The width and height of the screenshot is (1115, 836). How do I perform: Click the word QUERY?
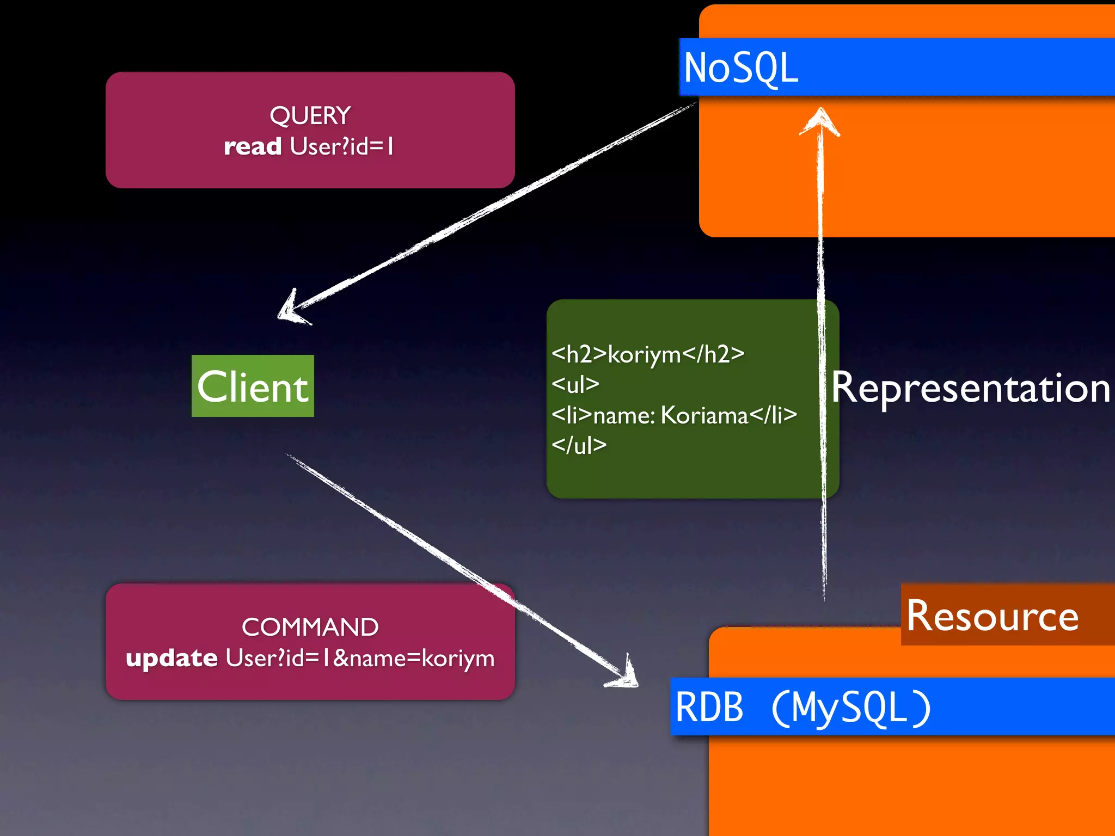click(310, 116)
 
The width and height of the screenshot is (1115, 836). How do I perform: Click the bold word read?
click(253, 146)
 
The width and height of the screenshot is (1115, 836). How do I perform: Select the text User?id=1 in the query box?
click(342, 146)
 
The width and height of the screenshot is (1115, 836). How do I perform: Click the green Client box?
click(253, 386)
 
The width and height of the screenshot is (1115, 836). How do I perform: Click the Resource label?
click(992, 616)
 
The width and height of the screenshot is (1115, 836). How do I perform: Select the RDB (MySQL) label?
click(803, 707)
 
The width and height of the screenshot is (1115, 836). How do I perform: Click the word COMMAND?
click(310, 627)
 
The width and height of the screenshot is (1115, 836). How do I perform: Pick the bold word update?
click(172, 658)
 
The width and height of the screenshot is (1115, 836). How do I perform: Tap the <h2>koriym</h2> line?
click(647, 354)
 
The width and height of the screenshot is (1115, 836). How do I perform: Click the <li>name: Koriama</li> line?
click(674, 415)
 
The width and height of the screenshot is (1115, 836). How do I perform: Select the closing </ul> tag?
click(579, 445)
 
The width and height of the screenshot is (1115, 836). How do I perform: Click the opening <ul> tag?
click(575, 385)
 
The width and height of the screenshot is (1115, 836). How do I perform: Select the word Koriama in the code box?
click(704, 415)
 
